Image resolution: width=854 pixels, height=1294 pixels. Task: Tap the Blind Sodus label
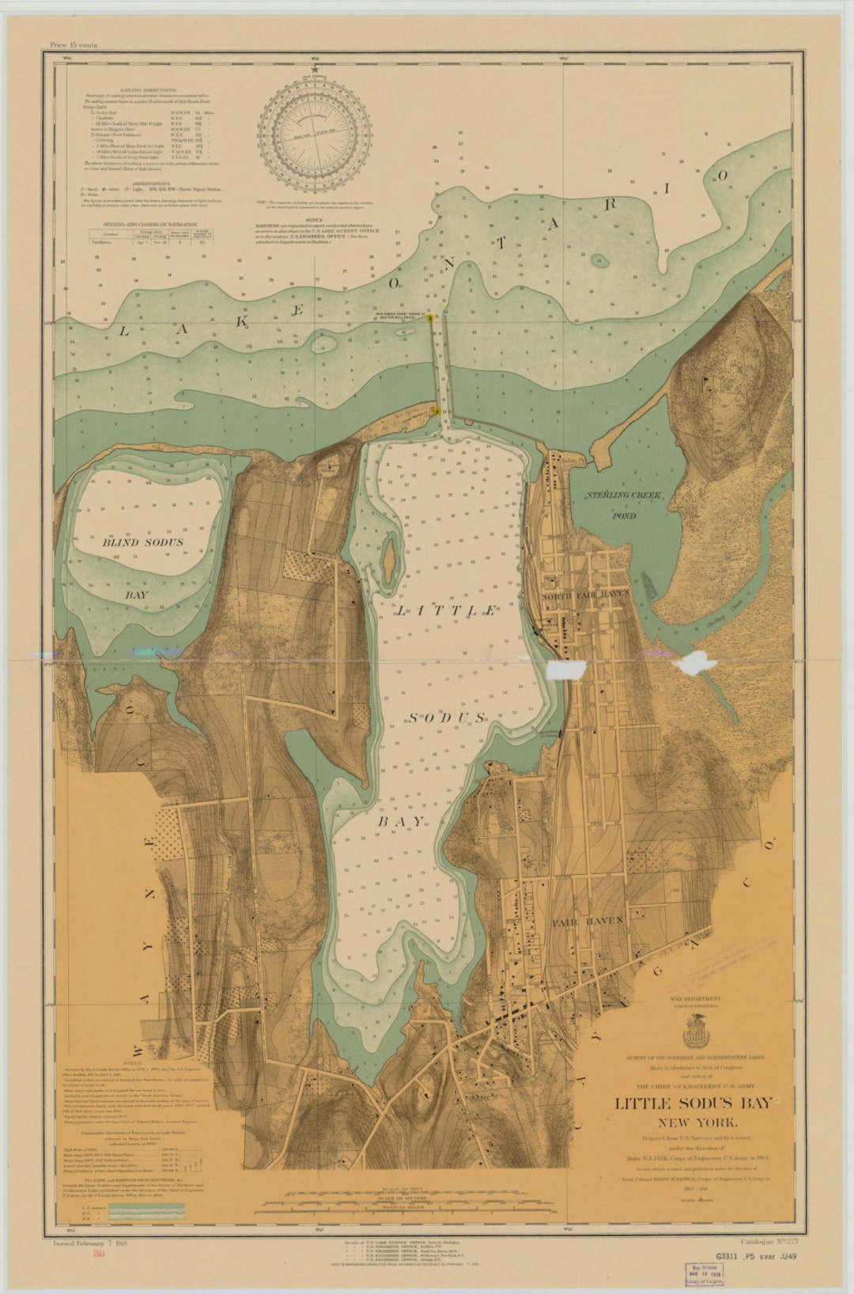142,543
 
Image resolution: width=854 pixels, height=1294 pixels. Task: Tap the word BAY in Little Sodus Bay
400,821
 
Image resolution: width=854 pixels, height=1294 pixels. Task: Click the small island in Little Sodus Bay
389,560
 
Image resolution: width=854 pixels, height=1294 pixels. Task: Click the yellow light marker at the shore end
436,411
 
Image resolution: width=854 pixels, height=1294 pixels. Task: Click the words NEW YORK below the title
693,1122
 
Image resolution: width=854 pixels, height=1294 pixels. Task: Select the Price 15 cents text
73,45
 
